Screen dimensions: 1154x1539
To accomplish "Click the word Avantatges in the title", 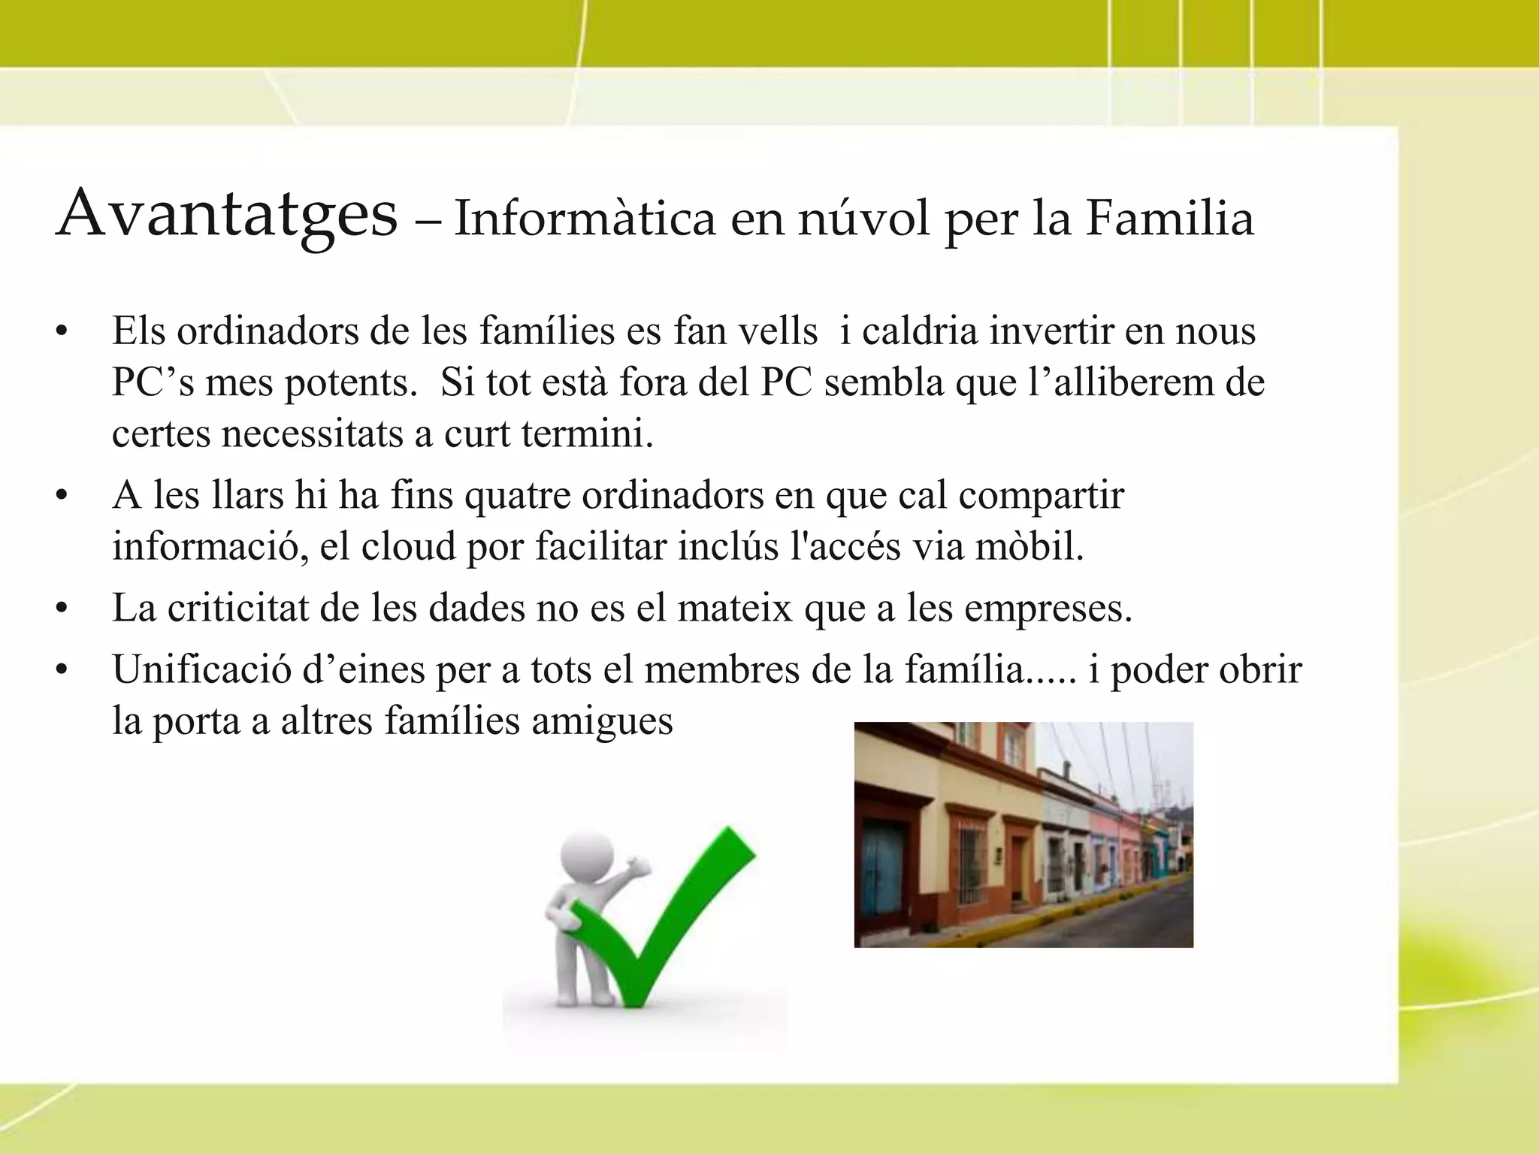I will coord(227,215).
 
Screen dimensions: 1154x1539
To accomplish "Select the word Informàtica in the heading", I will coord(585,219).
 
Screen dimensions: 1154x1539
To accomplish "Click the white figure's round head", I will coord(587,856).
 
